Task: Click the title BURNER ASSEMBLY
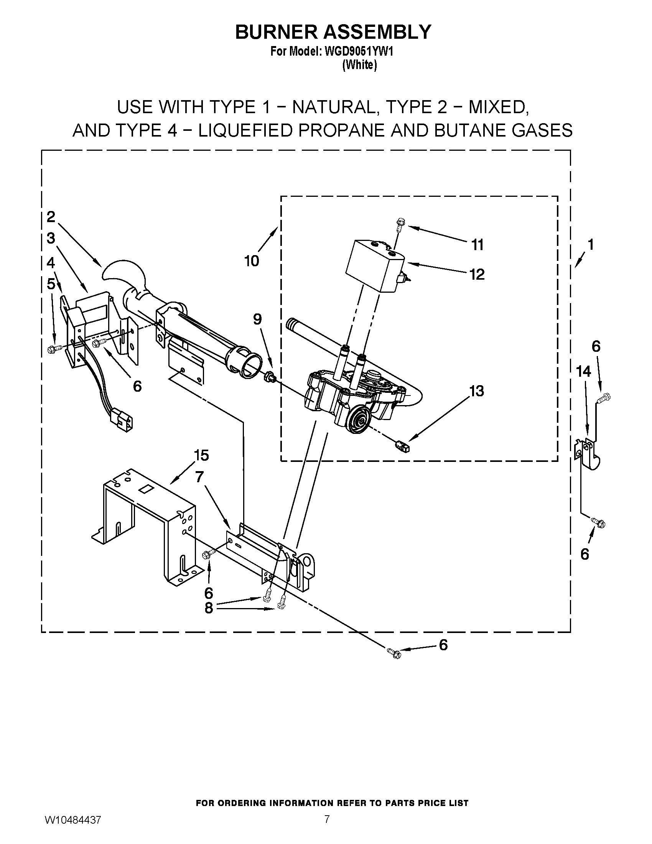[333, 32]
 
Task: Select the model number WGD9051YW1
[359, 51]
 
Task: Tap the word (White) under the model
[359, 65]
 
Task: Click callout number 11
[477, 245]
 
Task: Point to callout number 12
[477, 274]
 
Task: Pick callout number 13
[477, 391]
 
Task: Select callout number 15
[201, 455]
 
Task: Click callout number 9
[257, 319]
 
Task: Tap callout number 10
[252, 261]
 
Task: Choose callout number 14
[583, 371]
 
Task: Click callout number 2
[51, 217]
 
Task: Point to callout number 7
[199, 477]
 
